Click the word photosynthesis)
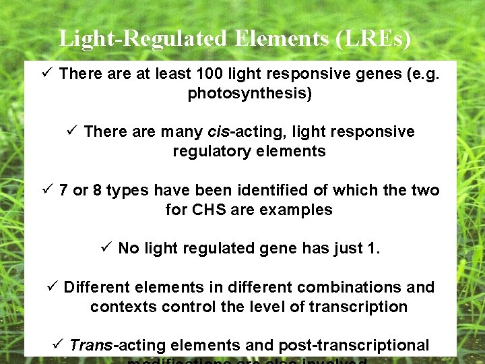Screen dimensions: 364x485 point(249,93)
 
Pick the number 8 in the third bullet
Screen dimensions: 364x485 point(98,190)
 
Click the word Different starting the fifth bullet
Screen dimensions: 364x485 point(96,288)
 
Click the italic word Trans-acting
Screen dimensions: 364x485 point(117,346)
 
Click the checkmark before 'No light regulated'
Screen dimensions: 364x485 point(105,248)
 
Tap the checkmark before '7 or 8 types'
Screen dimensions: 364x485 point(46,189)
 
